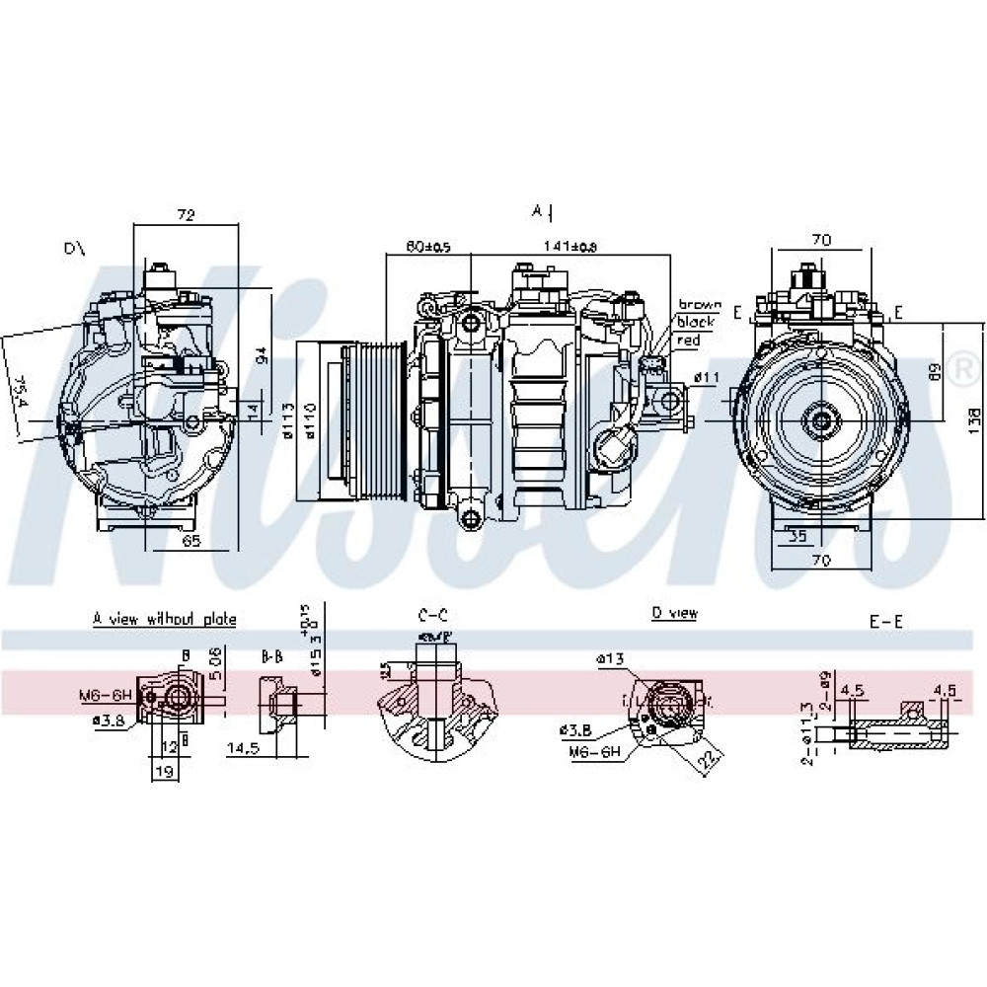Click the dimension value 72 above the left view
[x=185, y=214]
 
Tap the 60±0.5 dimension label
[x=428, y=247]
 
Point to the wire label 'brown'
[x=699, y=305]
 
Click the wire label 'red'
[x=688, y=340]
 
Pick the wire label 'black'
[x=695, y=322]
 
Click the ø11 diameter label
[x=707, y=377]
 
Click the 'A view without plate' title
[x=165, y=620]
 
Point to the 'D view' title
[x=674, y=614]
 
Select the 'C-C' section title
[x=432, y=616]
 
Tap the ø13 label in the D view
[x=610, y=658]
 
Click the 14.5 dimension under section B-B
[x=243, y=749]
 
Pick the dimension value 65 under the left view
[x=191, y=540]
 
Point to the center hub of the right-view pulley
[x=819, y=419]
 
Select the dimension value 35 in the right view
[x=797, y=538]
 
